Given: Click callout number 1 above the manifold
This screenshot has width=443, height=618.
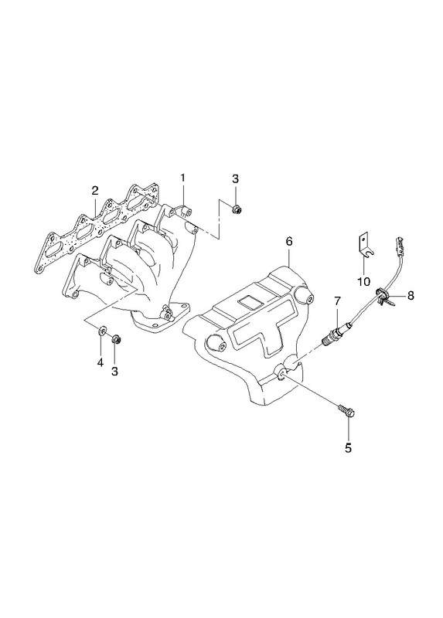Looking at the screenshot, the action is pos(182,178).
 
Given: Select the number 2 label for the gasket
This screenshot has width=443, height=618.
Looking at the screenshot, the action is pos(94,191).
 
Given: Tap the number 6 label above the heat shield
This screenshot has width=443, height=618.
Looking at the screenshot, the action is pos(289,242).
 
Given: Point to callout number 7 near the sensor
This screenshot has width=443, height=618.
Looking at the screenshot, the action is pos(337,301).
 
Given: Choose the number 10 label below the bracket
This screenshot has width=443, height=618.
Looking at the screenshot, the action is pos(364,281).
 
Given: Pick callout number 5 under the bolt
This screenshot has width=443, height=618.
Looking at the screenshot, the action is pos(348,448).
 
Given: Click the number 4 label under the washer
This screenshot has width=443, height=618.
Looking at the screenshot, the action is pos(101,362).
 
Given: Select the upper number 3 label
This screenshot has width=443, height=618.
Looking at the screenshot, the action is pos(235,179).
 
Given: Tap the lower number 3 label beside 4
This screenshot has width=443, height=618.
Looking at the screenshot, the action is pos(114,372).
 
